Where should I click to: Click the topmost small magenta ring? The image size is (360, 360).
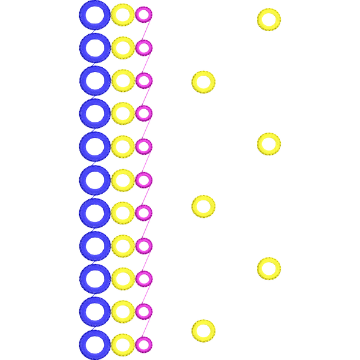pyautogui.click(x=144, y=14)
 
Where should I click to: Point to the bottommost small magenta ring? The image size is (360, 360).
pyautogui.click(x=144, y=344)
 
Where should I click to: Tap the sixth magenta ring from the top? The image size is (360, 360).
pyautogui.click(x=144, y=179)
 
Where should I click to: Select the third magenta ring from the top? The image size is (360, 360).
pyautogui.click(x=144, y=80)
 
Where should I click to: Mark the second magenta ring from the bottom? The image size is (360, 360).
pyautogui.click(x=144, y=311)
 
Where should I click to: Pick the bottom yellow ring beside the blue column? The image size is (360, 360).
pyautogui.click(x=122, y=344)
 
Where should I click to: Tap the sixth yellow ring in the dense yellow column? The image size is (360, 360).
pyautogui.click(x=122, y=179)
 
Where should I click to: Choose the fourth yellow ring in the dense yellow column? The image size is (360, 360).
pyautogui.click(x=122, y=113)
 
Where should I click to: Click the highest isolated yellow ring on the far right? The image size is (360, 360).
pyautogui.click(x=269, y=19)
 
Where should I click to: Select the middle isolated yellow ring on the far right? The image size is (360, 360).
pyautogui.click(x=269, y=143)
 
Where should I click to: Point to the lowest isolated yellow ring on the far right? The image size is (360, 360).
pyautogui.click(x=269, y=267)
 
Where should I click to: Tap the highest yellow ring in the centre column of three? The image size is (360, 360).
pyautogui.click(x=203, y=82)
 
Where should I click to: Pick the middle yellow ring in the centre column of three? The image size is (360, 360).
pyautogui.click(x=203, y=205)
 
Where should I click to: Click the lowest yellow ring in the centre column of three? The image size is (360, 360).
pyautogui.click(x=203, y=329)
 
